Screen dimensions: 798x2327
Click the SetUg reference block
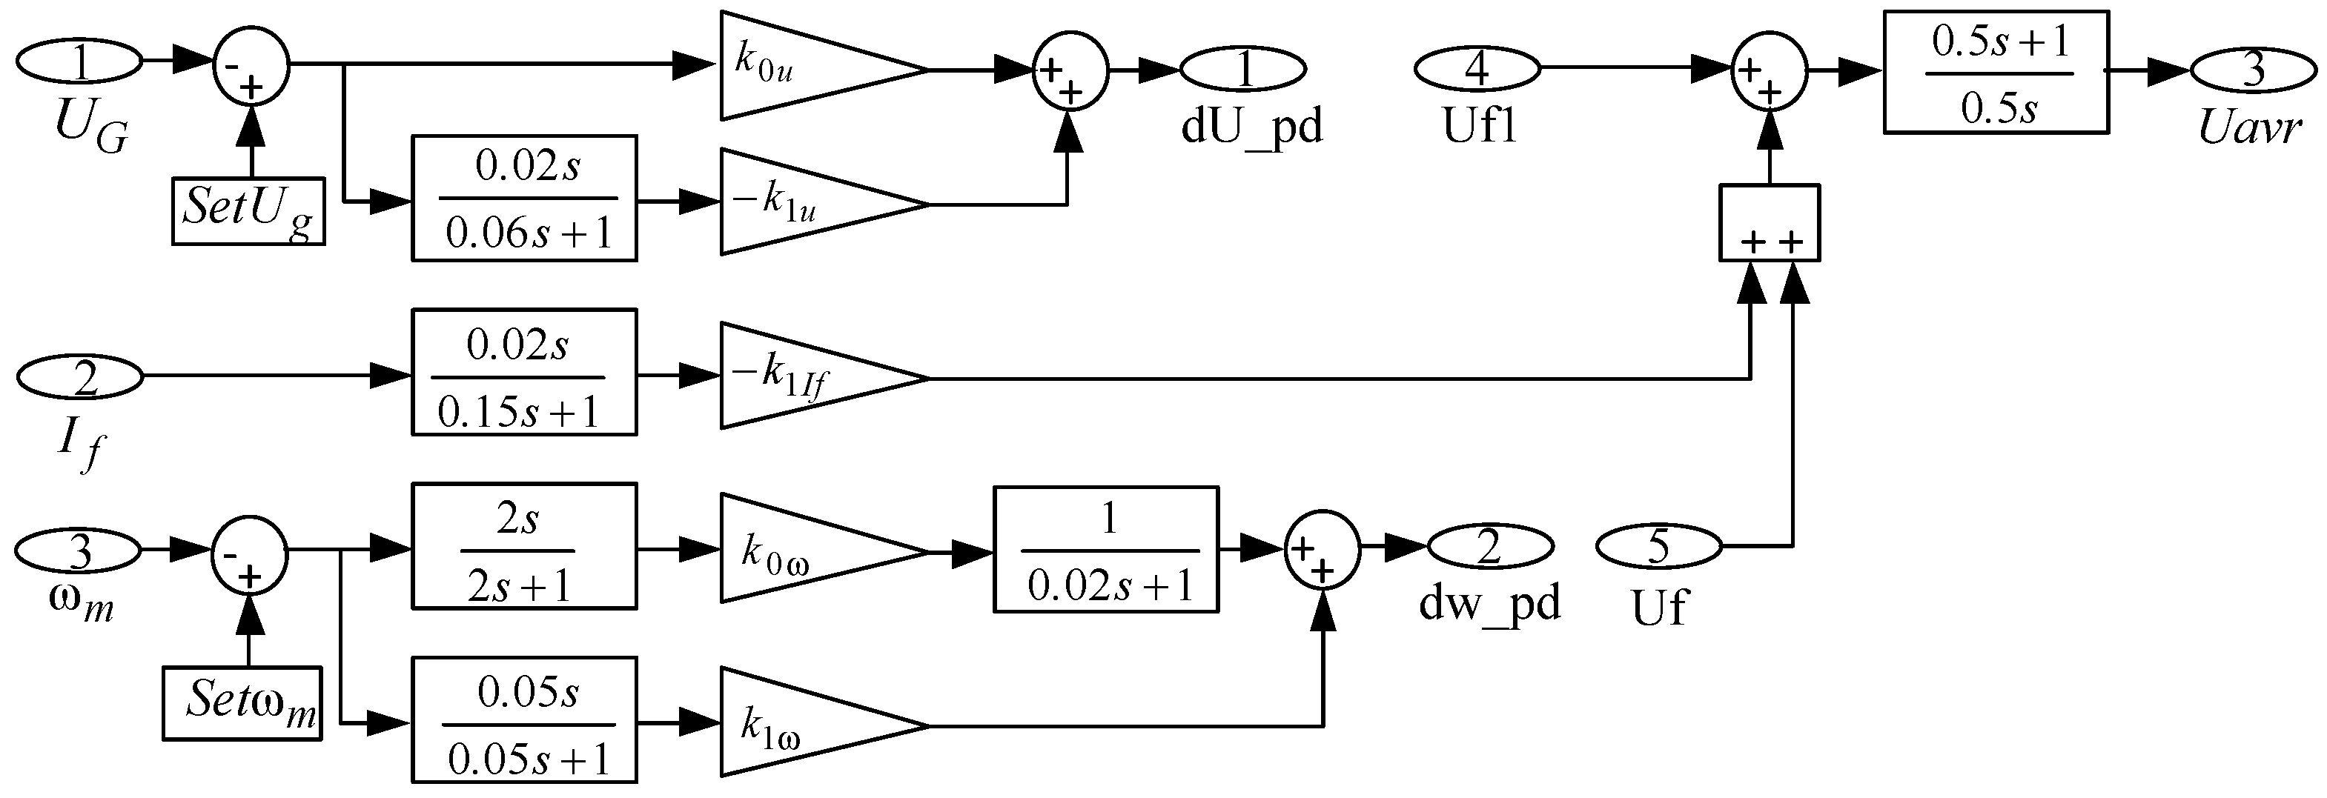click(x=248, y=210)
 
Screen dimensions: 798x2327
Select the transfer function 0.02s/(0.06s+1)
click(x=524, y=199)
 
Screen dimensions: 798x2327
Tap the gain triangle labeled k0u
click(x=804, y=66)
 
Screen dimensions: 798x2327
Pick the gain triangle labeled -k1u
click(x=804, y=202)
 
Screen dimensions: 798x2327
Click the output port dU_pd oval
click(x=1243, y=69)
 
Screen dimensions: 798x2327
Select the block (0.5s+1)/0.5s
click(x=1996, y=72)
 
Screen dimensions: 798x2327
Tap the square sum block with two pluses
click(x=1769, y=223)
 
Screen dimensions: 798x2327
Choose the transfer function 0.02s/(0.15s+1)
click(x=524, y=372)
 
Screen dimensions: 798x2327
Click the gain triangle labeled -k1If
click(x=804, y=376)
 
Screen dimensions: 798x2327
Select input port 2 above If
click(x=80, y=377)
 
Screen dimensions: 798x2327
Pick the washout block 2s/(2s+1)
click(x=524, y=546)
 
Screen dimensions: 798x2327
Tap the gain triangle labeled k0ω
click(x=804, y=548)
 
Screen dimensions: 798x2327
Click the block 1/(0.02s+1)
click(x=1106, y=550)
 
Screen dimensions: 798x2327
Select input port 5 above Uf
click(x=1658, y=546)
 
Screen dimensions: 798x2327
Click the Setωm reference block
click(x=242, y=703)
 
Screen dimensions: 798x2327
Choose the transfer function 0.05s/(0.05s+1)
click(x=524, y=719)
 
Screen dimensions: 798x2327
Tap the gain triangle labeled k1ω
click(x=804, y=722)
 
